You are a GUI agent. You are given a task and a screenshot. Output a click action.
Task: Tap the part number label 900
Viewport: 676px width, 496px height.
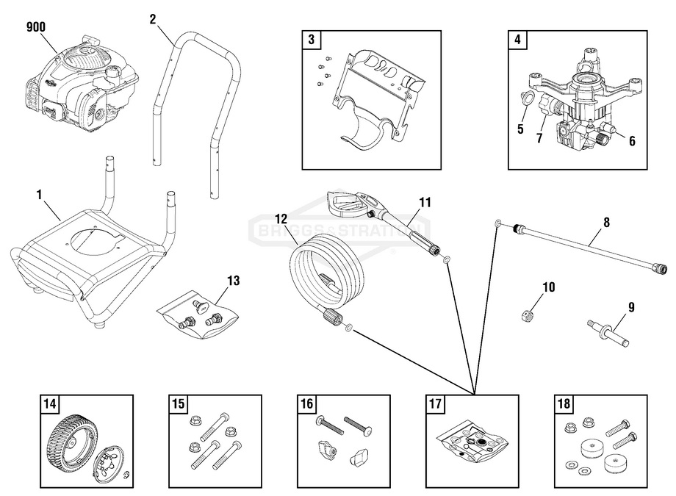[x=35, y=27]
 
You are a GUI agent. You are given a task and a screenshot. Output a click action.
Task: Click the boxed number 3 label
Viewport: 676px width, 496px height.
[x=311, y=40]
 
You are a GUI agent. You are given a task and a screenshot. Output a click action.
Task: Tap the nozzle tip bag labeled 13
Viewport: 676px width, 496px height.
[x=199, y=313]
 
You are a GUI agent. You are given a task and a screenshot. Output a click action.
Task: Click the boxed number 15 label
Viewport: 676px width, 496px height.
[x=179, y=403]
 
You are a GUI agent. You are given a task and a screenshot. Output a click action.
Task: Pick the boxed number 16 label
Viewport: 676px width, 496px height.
[x=306, y=403]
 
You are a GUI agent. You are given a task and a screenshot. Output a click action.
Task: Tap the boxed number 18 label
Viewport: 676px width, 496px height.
[x=562, y=403]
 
